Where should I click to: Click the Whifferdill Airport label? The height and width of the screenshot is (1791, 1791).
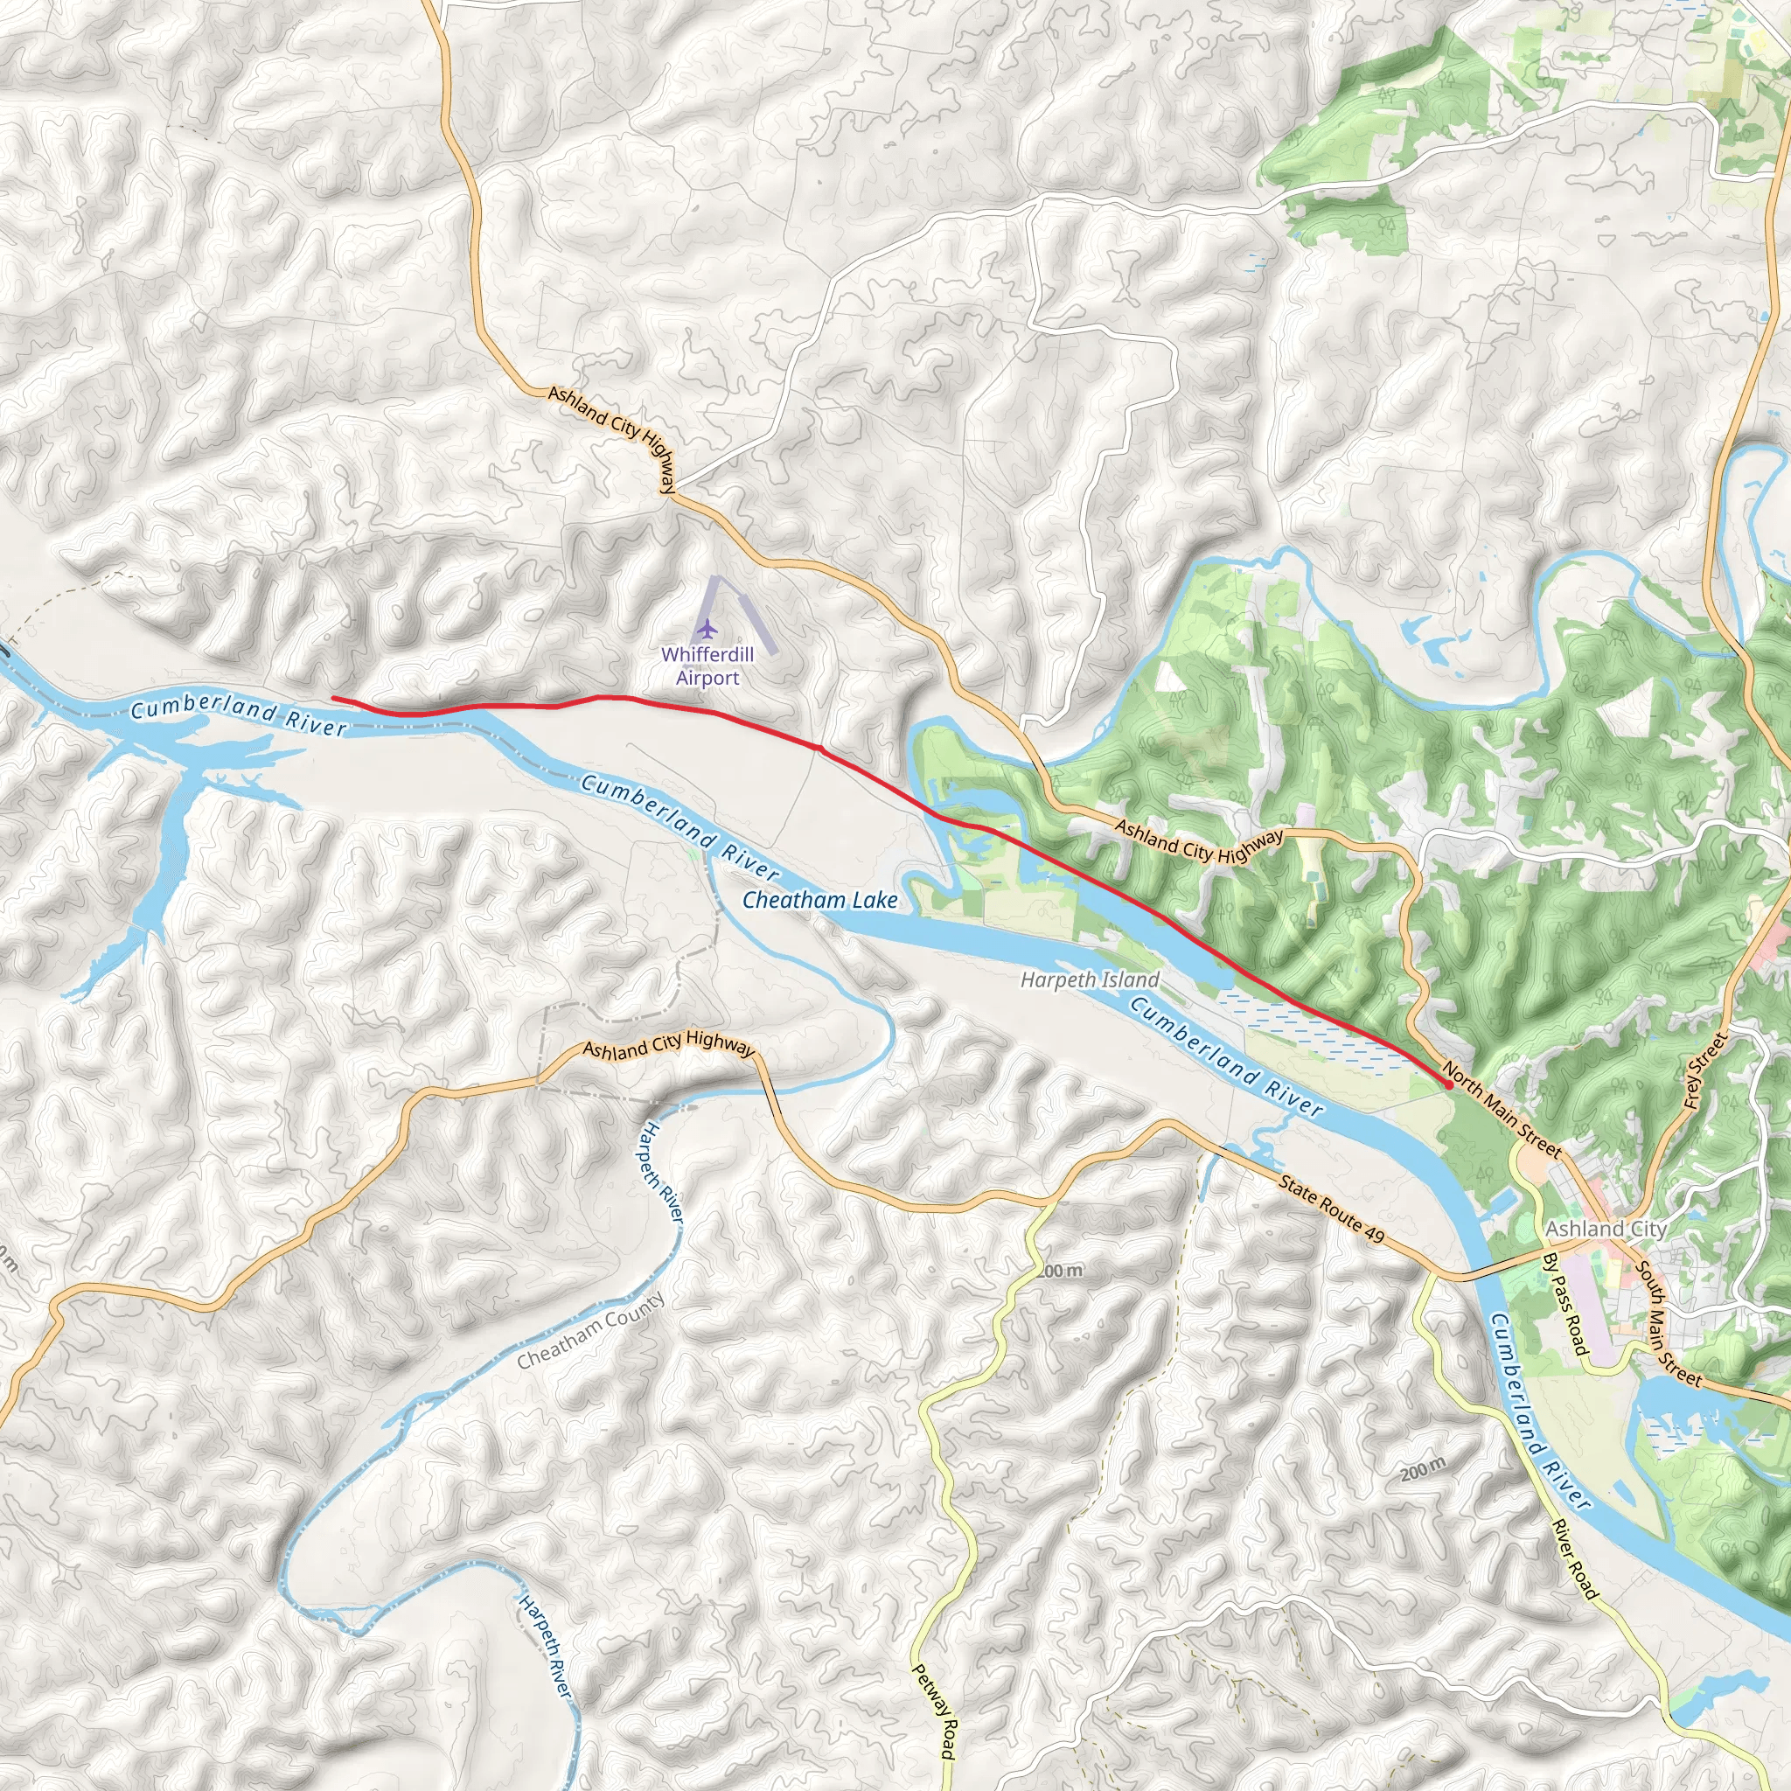point(707,666)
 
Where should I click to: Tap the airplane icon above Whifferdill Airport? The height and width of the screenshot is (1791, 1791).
point(707,630)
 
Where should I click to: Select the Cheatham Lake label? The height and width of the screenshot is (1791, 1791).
point(819,900)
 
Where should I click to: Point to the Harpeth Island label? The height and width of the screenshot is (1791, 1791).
point(1090,979)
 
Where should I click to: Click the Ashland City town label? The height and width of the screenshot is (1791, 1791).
point(1606,1229)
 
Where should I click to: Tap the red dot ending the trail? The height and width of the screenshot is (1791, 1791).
point(1448,1084)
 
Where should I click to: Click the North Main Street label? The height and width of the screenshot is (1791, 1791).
point(1502,1111)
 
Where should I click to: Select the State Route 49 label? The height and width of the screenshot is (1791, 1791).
point(1331,1209)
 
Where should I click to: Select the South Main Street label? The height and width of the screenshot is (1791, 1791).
point(1669,1326)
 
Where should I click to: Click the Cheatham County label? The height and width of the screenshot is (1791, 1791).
point(590,1331)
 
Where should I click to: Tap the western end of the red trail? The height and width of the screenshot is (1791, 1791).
point(334,698)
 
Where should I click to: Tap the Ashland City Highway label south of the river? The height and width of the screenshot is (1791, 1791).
point(668,1046)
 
